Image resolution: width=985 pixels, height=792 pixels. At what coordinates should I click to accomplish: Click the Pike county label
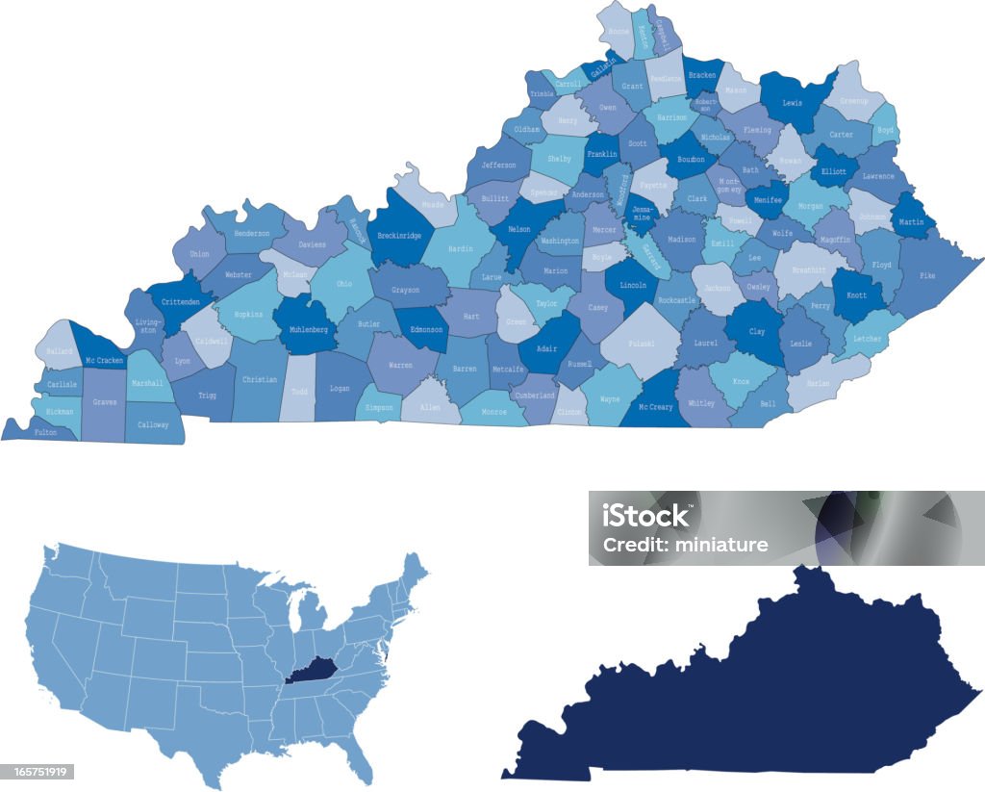click(x=927, y=275)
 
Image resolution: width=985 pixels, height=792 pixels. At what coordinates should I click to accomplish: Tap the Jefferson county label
click(x=498, y=166)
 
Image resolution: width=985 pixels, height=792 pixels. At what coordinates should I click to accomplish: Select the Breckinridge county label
click(x=399, y=235)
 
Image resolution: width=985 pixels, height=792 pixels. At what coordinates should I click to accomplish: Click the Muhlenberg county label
click(x=309, y=329)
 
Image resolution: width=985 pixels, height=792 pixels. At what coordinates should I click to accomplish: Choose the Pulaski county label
click(x=642, y=344)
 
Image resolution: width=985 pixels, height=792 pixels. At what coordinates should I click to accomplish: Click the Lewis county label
click(x=793, y=102)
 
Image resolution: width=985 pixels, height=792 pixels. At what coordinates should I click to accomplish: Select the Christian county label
click(x=259, y=379)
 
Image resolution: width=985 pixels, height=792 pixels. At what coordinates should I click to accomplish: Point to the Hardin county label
click(x=461, y=249)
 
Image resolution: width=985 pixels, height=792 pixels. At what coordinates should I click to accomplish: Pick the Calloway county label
click(x=153, y=424)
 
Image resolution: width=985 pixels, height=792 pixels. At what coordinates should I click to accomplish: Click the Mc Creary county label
click(x=656, y=407)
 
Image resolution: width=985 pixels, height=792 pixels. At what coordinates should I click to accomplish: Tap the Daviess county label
click(x=312, y=244)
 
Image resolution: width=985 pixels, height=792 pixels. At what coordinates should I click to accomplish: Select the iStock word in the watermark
click(x=646, y=517)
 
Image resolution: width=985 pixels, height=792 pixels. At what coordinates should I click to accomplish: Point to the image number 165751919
click(x=37, y=772)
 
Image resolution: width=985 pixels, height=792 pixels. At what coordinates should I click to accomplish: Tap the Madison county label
click(x=681, y=240)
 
